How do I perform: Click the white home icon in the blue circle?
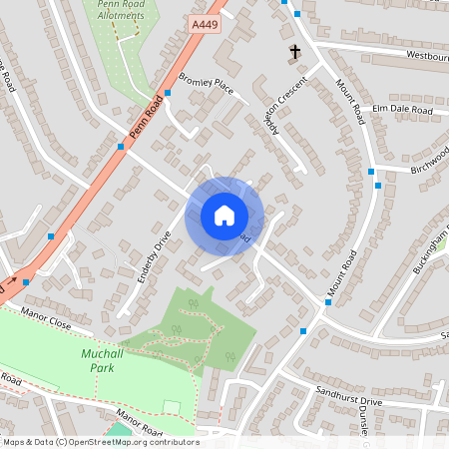click(224, 216)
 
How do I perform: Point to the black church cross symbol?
click(294, 51)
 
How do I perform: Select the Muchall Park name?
click(98, 360)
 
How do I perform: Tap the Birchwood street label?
click(429, 161)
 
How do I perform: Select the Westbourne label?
click(427, 56)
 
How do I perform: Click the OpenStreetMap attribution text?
click(100, 442)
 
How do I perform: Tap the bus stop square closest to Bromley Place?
click(168, 93)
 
